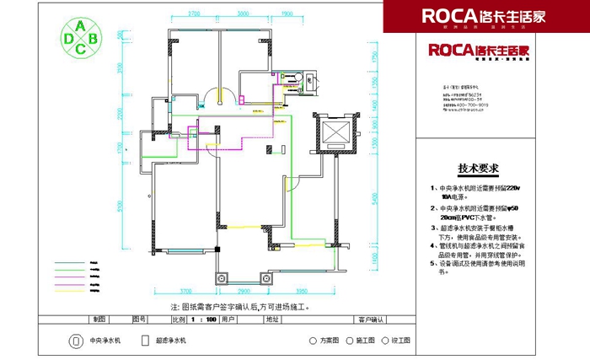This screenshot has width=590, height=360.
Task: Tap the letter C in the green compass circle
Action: click(x=80, y=49)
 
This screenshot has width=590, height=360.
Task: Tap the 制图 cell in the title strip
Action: click(x=100, y=320)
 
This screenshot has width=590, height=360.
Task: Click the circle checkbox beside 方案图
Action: click(x=313, y=341)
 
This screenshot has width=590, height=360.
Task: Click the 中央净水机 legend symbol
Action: click(x=72, y=341)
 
